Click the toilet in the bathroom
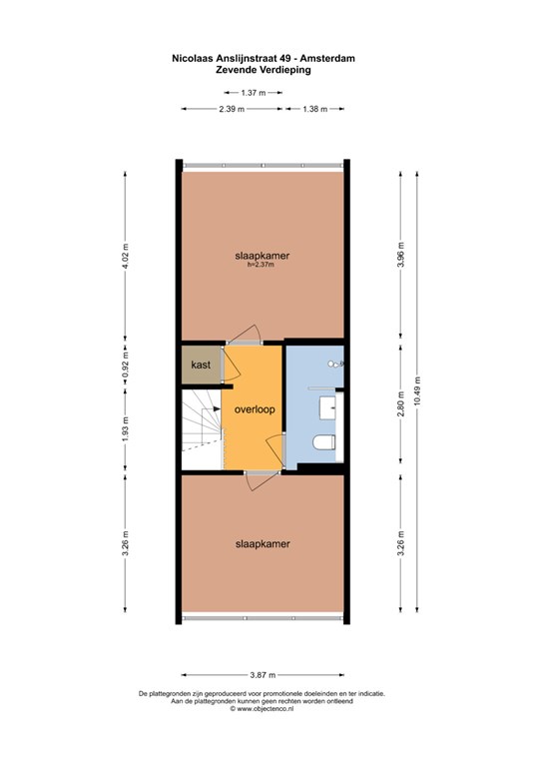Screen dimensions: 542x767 [324, 442]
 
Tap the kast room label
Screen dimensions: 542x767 [201, 365]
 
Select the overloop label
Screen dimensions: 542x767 [255, 409]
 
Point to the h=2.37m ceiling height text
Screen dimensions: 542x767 [262, 265]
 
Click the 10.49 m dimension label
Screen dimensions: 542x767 [417, 390]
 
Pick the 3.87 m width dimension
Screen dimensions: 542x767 [263, 675]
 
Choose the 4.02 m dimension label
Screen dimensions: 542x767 [125, 256]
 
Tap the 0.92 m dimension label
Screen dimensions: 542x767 [125, 364]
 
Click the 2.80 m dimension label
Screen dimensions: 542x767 [400, 404]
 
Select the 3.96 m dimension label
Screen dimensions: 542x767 [400, 255]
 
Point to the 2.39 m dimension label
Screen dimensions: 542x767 [232, 109]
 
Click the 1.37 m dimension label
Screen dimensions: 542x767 [254, 93]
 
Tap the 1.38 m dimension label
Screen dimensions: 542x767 [314, 109]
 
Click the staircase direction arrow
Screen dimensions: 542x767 [217, 408]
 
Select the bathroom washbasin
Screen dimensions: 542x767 [327, 407]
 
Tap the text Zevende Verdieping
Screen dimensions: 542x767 [264, 70]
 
